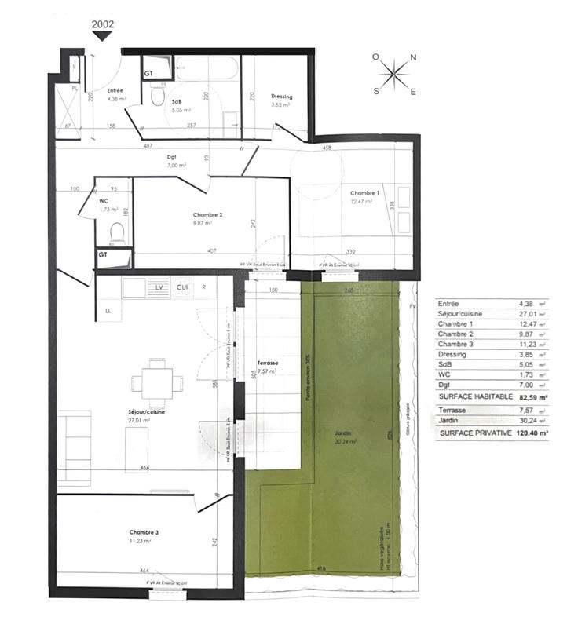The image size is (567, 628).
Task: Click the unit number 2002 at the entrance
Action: click(103, 24)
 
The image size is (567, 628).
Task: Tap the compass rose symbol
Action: click(395, 75)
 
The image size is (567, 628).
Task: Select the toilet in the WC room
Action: click(116, 233)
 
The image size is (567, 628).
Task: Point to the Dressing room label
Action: click(281, 97)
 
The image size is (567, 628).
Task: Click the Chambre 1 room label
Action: click(364, 194)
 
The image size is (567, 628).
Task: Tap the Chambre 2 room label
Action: click(209, 214)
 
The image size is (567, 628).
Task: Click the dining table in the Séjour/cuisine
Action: click(158, 382)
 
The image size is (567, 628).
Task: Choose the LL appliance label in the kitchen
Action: click(108, 312)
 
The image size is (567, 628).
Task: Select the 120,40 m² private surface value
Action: click(532, 433)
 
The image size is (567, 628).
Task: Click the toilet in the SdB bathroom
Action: click(157, 97)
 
